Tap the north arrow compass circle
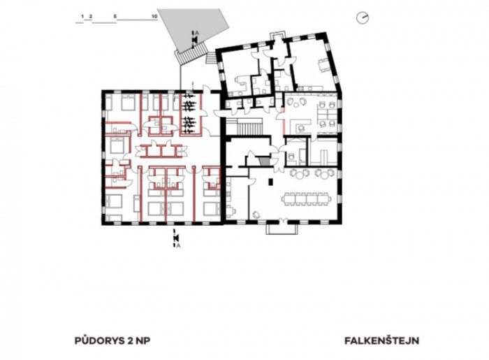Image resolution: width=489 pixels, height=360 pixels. click(363, 17)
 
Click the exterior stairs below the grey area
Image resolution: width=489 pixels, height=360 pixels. click(192, 55)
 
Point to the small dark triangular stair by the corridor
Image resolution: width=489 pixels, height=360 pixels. click(264, 162)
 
